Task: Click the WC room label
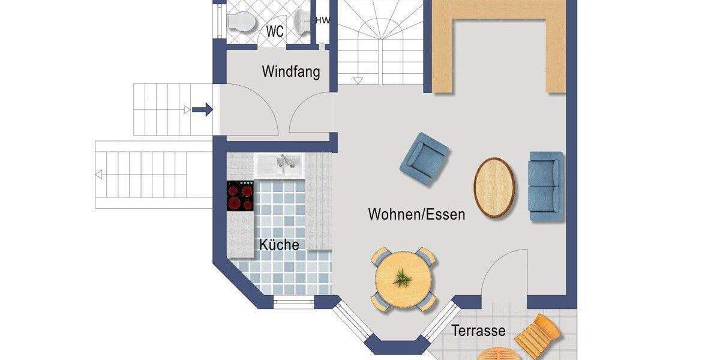[275, 32]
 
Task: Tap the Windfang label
[291, 72]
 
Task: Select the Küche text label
[279, 245]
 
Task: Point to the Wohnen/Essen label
[416, 214]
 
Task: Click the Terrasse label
[478, 331]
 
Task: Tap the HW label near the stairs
[323, 20]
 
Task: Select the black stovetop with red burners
[241, 196]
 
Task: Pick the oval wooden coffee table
[494, 187]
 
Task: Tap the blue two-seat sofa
[545, 186]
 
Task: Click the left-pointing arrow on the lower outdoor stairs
[100, 175]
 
